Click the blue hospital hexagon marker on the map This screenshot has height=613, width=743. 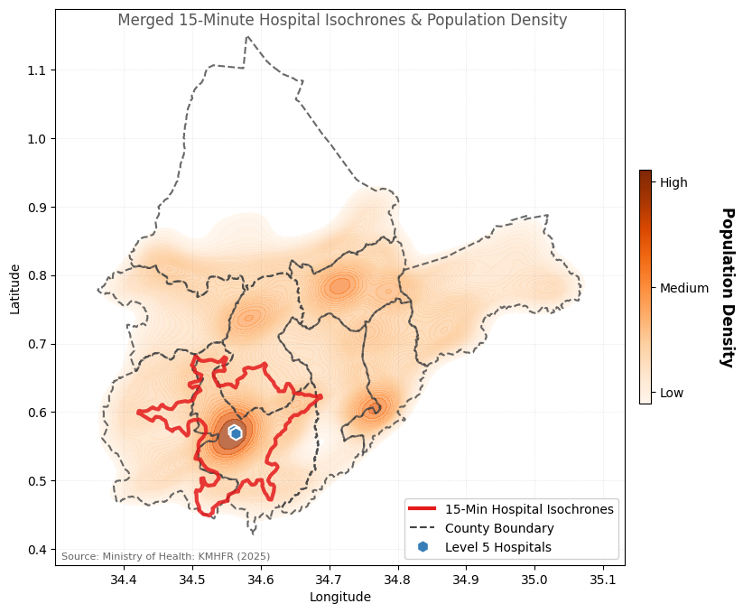coord(236,433)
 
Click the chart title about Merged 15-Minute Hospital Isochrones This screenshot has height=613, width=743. coord(342,21)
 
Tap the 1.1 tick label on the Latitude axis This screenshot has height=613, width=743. coord(35,70)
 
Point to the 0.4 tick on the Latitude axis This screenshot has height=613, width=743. coord(35,550)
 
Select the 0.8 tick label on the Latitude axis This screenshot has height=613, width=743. coord(35,275)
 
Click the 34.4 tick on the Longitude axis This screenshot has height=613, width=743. coord(124,579)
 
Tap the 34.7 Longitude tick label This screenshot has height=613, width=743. coord(329,579)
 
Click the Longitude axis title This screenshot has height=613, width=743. coord(339,597)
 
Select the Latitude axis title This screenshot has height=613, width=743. coord(14,288)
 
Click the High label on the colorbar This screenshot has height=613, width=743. coord(673,182)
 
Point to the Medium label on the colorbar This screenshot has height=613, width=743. coord(684,288)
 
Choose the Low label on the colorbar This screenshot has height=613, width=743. coord(672,393)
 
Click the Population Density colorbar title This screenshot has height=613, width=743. coord(727,287)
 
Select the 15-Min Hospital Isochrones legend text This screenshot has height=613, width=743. coord(529,509)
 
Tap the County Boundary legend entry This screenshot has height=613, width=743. coord(499,528)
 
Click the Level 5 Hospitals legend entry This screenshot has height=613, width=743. coord(497,547)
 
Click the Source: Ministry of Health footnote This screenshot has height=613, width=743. coord(165,556)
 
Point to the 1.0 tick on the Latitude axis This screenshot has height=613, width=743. coord(35,139)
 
